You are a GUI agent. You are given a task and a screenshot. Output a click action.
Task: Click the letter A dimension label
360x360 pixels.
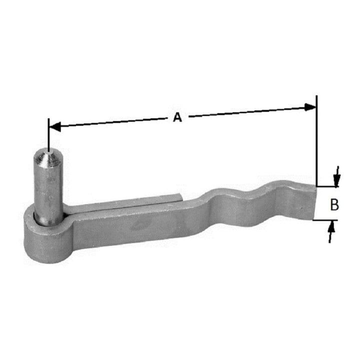click(177, 117)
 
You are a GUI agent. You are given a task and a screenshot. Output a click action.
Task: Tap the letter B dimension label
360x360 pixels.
click(334, 204)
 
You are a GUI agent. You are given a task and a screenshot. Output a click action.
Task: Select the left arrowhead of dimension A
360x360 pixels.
click(55, 126)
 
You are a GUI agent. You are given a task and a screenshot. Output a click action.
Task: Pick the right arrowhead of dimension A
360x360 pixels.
click(310, 107)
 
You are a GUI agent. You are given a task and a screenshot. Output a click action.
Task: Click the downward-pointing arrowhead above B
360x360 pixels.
click(337, 180)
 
